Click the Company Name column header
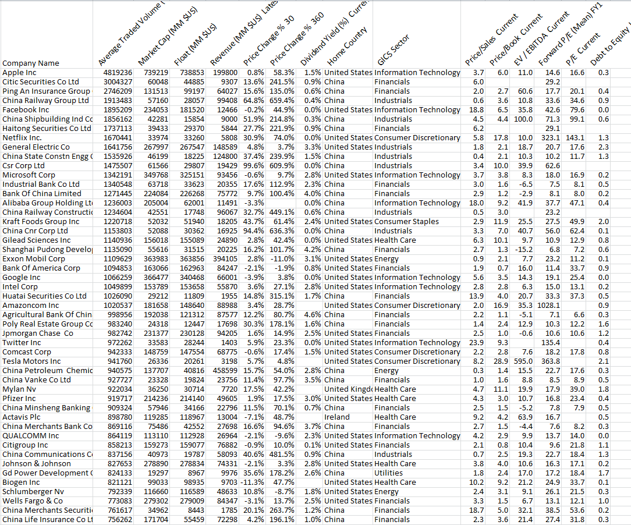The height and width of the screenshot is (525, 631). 31,63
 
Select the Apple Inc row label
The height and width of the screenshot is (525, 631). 20,72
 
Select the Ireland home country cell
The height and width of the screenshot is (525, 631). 338,417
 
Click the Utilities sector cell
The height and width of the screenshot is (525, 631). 389,473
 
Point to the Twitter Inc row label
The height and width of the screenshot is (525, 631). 22,342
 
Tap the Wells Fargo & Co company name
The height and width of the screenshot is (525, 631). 33,501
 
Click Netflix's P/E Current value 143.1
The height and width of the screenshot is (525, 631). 575,137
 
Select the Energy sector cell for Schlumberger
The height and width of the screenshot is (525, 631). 387,491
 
